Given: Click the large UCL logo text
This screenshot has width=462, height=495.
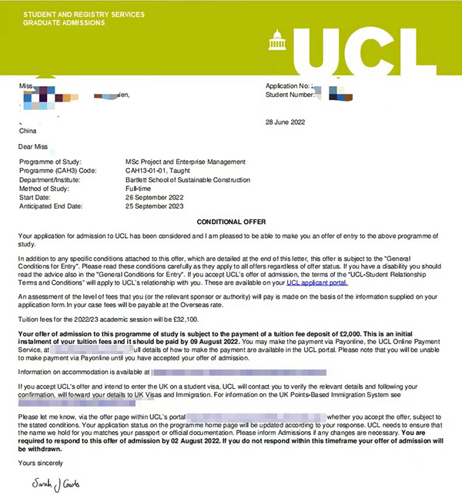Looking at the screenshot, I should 370,47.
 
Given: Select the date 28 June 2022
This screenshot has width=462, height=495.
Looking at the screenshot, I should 285,122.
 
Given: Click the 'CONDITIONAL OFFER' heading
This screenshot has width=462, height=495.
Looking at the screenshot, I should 231,221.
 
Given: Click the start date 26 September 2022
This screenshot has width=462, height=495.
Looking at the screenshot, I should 160,199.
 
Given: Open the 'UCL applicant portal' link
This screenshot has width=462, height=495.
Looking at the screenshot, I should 316,283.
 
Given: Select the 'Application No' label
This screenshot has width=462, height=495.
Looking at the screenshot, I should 289,85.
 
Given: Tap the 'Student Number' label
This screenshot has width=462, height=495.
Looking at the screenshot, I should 291,95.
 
